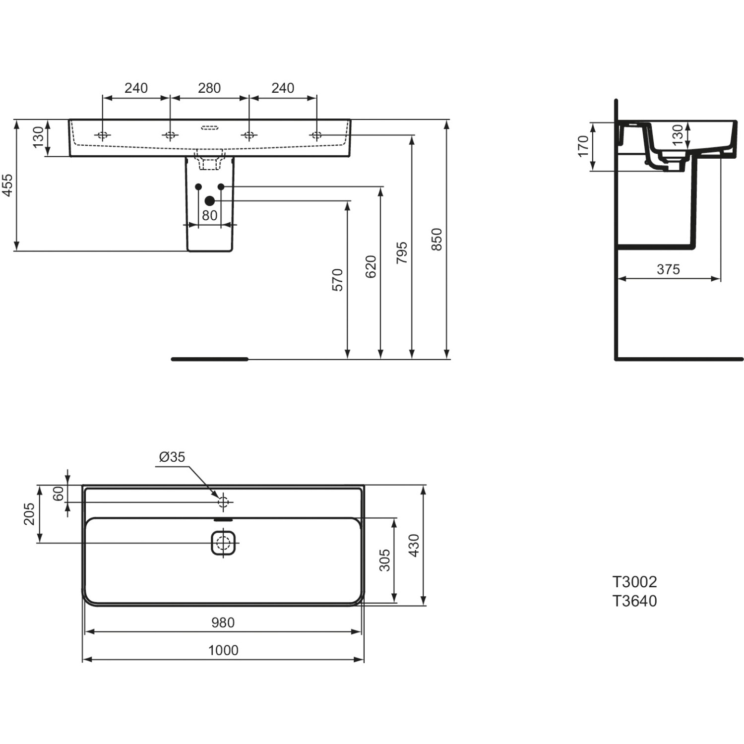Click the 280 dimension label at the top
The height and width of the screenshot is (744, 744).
[x=209, y=88]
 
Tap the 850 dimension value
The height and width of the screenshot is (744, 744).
[x=436, y=239]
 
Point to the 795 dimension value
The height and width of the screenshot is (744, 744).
[x=402, y=252]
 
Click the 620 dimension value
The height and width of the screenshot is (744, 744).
[x=371, y=266]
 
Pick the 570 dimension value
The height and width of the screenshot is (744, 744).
[x=337, y=280]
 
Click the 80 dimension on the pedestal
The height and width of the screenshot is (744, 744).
[x=209, y=215]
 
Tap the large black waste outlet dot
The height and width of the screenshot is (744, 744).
[x=210, y=200]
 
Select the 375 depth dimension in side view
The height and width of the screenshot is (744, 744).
[x=668, y=269]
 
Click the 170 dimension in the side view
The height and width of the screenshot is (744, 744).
[x=583, y=146]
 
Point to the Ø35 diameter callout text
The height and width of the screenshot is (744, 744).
[x=172, y=457]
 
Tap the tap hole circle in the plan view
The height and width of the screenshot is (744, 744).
[x=223, y=502]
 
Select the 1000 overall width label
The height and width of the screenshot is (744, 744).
[x=223, y=650]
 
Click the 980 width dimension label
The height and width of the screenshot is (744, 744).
[x=223, y=622]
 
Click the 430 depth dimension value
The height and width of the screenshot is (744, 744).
[x=414, y=545]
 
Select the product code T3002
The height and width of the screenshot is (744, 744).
[x=634, y=581]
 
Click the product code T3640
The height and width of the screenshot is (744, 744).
[x=634, y=601]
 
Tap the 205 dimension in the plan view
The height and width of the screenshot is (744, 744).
[x=29, y=514]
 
